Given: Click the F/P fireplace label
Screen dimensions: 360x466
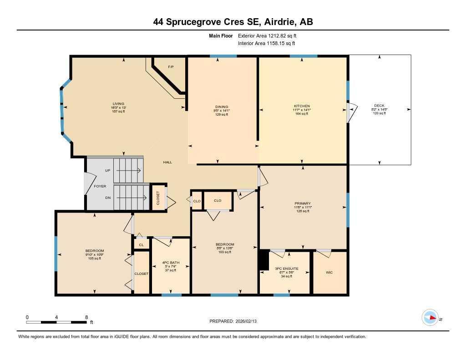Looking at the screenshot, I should coord(171,67).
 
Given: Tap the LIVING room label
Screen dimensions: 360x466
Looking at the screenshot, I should coord(119,104).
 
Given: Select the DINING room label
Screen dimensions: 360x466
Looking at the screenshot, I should coord(222,107).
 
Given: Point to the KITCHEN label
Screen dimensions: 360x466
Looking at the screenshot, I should coord(302,106).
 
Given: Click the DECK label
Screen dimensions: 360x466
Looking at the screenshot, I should coord(379,106).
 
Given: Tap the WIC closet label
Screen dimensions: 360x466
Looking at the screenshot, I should coord(329,273).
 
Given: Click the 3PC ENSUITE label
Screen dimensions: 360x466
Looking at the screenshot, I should coord(287,269).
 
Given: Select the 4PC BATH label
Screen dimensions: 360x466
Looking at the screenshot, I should coord(170,263).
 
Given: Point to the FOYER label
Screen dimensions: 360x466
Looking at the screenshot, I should coord(100,186).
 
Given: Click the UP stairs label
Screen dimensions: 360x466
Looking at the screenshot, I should coord(107,170).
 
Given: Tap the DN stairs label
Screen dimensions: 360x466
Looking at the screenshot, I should coord(107,198).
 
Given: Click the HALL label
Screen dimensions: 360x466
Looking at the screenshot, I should coord(168,162).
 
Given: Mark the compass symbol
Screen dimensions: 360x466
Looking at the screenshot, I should coord(430,318).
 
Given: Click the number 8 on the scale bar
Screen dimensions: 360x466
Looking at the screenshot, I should coord(86,317).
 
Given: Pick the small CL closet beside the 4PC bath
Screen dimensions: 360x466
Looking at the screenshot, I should coord(141,245).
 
